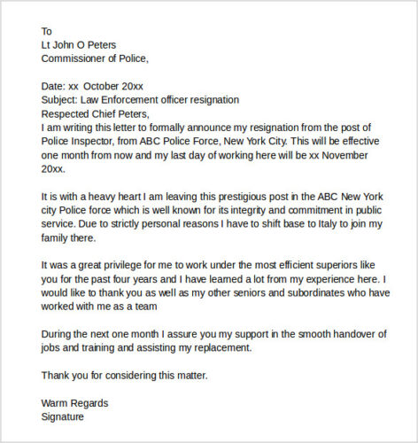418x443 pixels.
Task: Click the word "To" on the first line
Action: (48, 30)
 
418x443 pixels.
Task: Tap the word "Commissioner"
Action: (78, 58)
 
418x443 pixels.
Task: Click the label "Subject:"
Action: (62, 99)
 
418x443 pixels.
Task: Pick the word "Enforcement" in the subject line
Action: (148, 99)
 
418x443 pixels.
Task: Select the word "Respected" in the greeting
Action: (68, 113)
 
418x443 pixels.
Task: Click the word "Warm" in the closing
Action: (56, 402)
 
